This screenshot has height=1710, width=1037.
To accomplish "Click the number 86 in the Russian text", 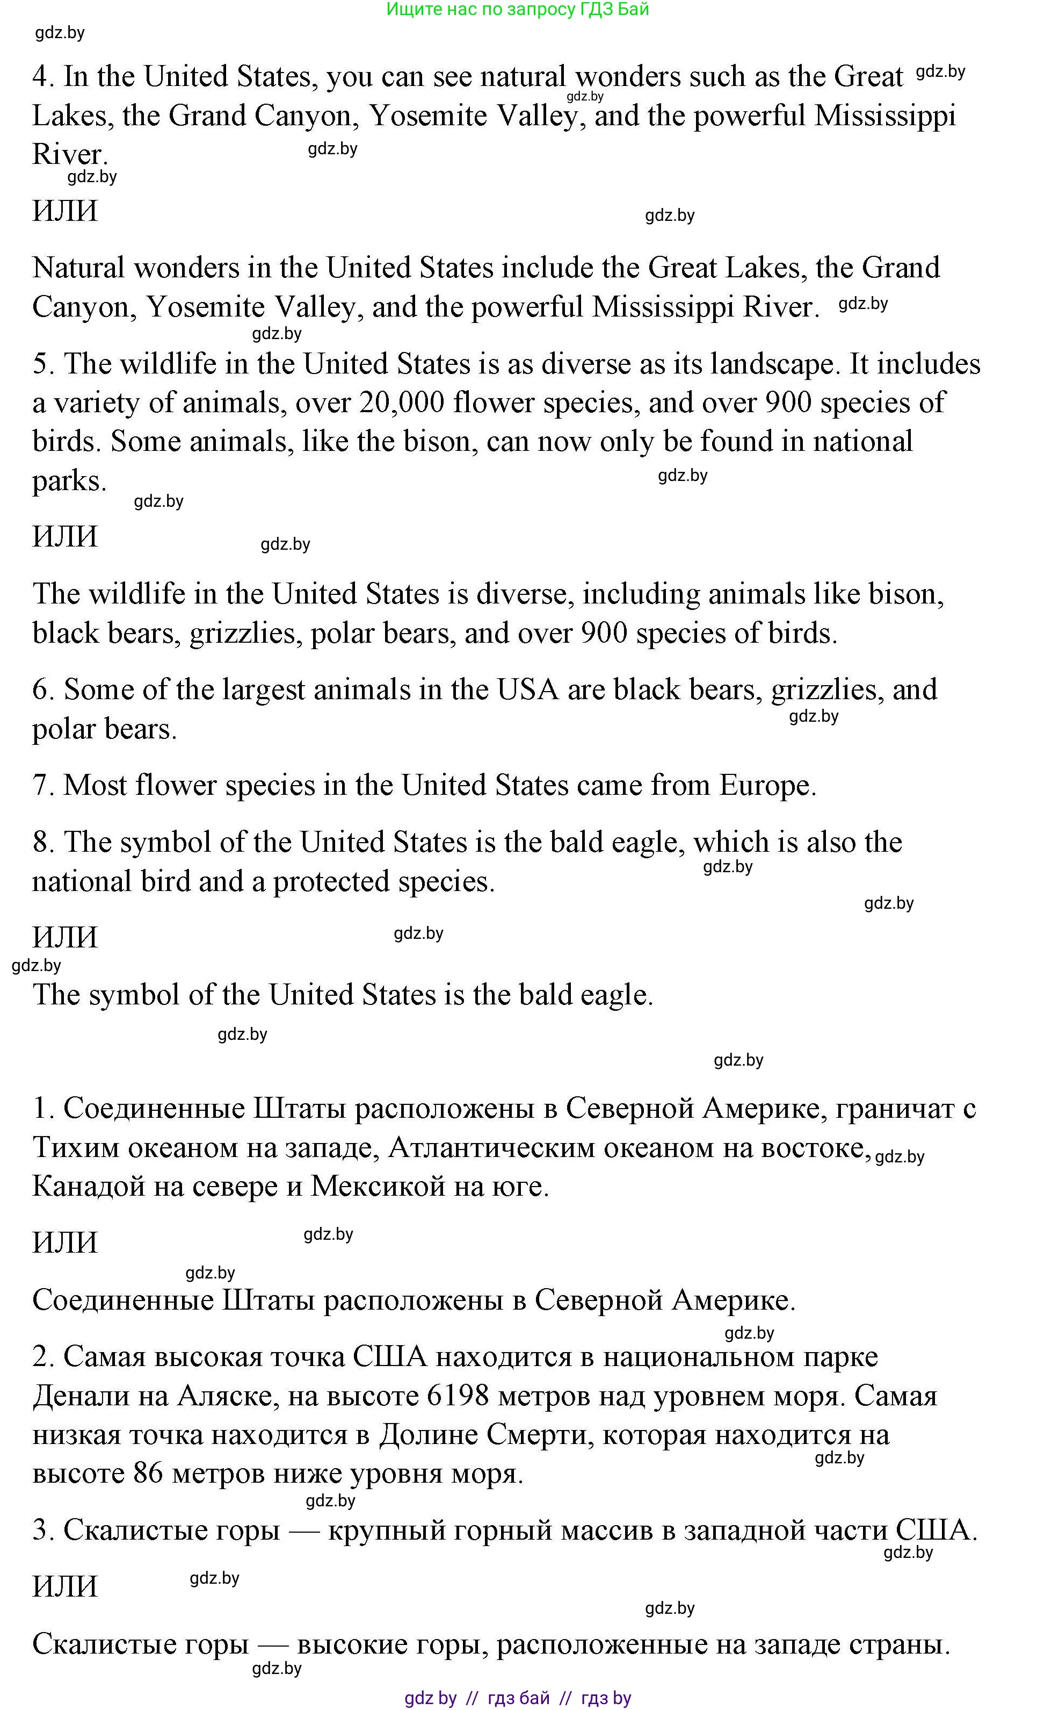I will [x=148, y=1474].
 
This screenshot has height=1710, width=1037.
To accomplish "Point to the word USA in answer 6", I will [x=527, y=690].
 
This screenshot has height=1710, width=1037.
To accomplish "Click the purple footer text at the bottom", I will [x=518, y=1698].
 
